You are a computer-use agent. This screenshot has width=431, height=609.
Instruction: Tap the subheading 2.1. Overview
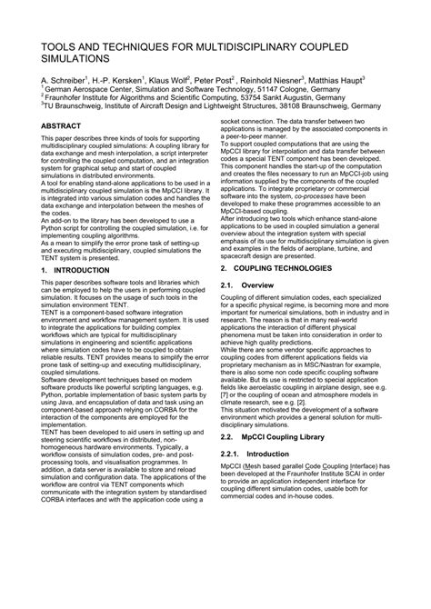coord(254,285)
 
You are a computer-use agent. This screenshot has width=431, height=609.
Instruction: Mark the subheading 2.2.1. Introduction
coord(261,477)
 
